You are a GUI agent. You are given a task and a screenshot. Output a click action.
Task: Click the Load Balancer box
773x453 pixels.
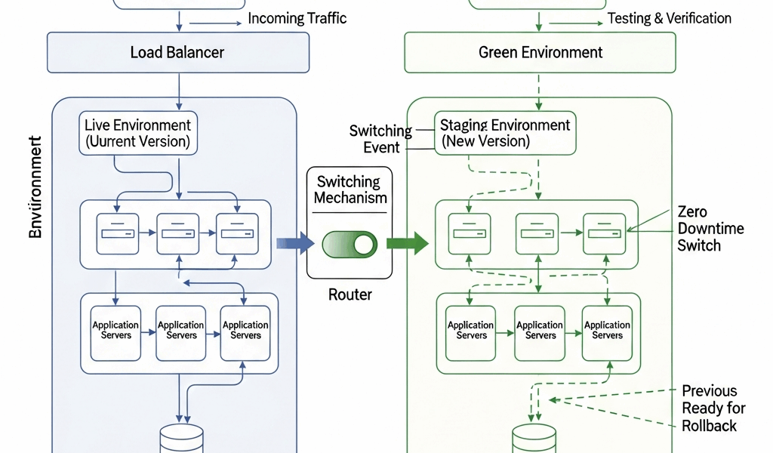(x=178, y=52)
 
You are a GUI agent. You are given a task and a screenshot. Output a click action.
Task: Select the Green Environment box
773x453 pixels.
(x=540, y=52)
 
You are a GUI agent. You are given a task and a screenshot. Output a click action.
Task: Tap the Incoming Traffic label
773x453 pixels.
(x=297, y=18)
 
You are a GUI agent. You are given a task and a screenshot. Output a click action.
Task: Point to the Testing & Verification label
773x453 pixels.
(x=669, y=18)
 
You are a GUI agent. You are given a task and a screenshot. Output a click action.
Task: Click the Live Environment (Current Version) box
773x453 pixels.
(x=137, y=133)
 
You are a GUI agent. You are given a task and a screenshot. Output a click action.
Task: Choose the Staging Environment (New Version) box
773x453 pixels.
(x=505, y=133)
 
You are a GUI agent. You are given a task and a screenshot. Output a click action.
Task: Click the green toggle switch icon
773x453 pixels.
(x=350, y=244)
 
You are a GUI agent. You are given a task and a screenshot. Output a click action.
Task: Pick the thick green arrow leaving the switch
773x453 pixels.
(x=407, y=243)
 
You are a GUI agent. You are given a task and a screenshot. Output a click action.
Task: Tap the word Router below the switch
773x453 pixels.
(x=350, y=294)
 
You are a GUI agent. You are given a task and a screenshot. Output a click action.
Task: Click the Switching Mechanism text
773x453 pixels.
(x=350, y=190)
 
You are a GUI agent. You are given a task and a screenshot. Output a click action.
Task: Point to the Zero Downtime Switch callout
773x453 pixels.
(x=699, y=228)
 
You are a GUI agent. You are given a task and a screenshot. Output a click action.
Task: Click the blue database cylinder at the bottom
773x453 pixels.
(x=182, y=438)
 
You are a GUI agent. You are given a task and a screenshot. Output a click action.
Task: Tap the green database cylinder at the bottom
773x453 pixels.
(x=534, y=438)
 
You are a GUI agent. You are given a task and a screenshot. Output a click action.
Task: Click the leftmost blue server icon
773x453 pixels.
(x=118, y=233)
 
